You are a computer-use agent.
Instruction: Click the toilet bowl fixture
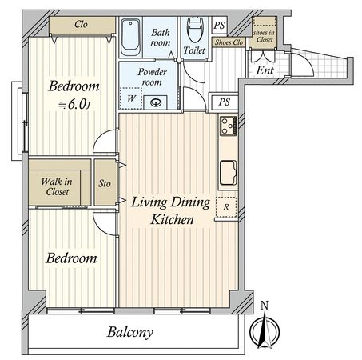click(195, 30)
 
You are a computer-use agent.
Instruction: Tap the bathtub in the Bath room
click(130, 37)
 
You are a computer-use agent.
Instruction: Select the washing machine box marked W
click(130, 98)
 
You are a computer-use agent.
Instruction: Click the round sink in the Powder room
click(156, 102)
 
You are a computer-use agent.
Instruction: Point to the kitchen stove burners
click(229, 126)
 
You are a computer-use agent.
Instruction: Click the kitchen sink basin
click(228, 173)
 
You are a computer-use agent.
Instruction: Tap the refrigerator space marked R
click(226, 207)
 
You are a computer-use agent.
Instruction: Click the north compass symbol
click(265, 330)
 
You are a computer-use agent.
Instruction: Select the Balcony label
click(130, 332)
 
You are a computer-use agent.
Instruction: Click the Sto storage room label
click(105, 183)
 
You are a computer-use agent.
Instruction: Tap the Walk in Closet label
click(57, 186)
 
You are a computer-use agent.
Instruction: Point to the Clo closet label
click(81, 24)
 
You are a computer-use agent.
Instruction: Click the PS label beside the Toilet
click(219, 26)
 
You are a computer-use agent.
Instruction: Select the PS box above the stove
click(224, 102)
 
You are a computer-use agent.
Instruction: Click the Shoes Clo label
click(229, 42)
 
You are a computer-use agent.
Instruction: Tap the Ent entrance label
click(265, 70)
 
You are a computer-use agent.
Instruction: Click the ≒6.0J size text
click(74, 104)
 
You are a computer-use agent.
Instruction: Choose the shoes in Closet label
click(264, 36)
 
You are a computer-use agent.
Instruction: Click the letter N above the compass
click(265, 306)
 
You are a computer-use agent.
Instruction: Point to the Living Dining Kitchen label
click(170, 210)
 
